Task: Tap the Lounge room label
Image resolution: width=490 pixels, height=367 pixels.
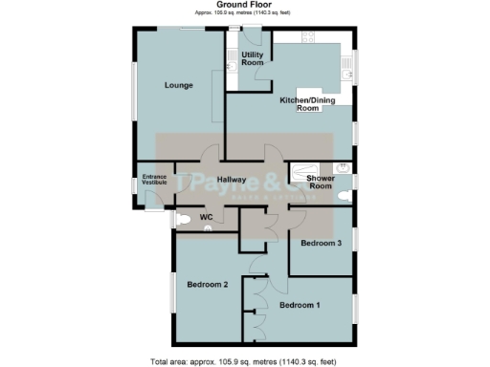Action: (x=179, y=86)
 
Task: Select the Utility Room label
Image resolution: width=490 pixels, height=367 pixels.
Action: (x=253, y=59)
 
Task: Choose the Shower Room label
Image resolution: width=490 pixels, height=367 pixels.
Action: (x=320, y=182)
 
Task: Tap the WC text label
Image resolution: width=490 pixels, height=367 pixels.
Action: (x=206, y=218)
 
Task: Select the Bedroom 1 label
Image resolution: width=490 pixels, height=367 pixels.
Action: (x=299, y=305)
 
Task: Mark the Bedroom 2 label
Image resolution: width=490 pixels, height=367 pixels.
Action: (x=207, y=285)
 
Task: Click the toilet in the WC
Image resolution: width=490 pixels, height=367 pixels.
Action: (x=184, y=219)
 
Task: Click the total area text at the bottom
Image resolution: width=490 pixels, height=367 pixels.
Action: (x=244, y=361)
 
